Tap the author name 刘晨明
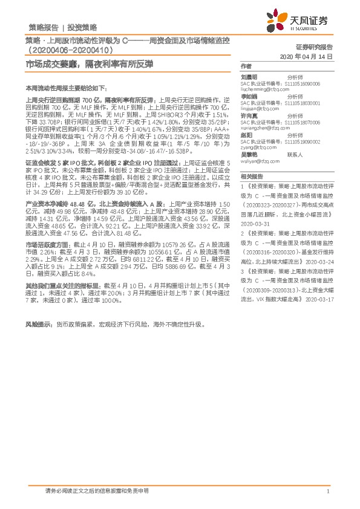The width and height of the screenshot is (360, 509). (x=249, y=77)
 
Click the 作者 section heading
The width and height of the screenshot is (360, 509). (x=245, y=65)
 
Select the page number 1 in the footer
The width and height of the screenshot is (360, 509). (x=327, y=493)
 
